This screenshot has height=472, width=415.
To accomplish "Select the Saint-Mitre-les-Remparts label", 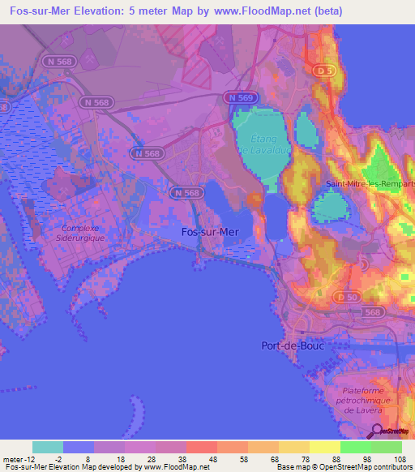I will tap(370, 183).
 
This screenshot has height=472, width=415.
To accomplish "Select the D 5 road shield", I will tap(324, 71).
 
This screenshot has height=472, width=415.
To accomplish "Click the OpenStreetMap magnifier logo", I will tap(377, 432).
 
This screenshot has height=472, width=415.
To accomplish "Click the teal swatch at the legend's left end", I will tap(48, 447).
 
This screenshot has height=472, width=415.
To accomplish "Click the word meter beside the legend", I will tap(15, 457).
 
